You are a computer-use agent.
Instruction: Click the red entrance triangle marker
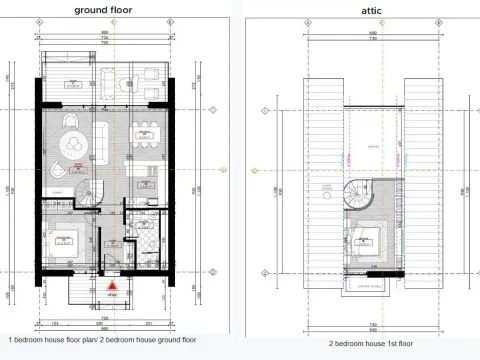click(x=113, y=286)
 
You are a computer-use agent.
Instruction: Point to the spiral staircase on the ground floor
click(x=91, y=187)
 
